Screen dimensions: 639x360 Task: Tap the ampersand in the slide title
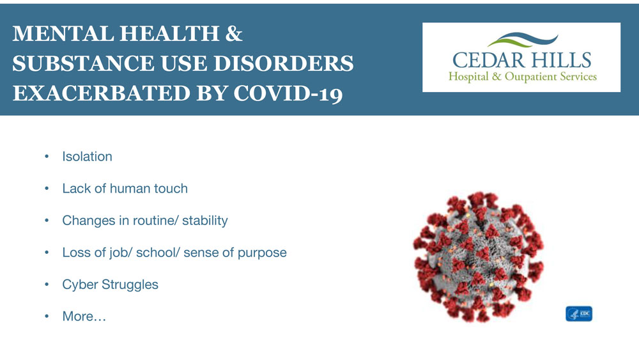[233, 33]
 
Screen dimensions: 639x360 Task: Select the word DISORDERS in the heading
[283, 63]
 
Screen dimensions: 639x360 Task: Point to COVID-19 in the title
[288, 93]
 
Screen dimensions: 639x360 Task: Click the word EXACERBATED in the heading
[102, 93]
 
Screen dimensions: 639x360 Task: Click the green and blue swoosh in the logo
[523, 40]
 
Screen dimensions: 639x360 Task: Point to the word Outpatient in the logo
[530, 76]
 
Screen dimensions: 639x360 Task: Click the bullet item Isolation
[87, 157]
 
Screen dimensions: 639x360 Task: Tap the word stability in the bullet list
[205, 221]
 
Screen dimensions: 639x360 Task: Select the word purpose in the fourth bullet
[262, 253]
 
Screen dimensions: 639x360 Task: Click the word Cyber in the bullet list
[80, 284]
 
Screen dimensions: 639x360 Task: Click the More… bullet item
[84, 317]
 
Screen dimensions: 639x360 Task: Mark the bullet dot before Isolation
[47, 157]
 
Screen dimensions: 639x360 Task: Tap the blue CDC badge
[579, 314]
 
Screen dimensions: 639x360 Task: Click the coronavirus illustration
[479, 257]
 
